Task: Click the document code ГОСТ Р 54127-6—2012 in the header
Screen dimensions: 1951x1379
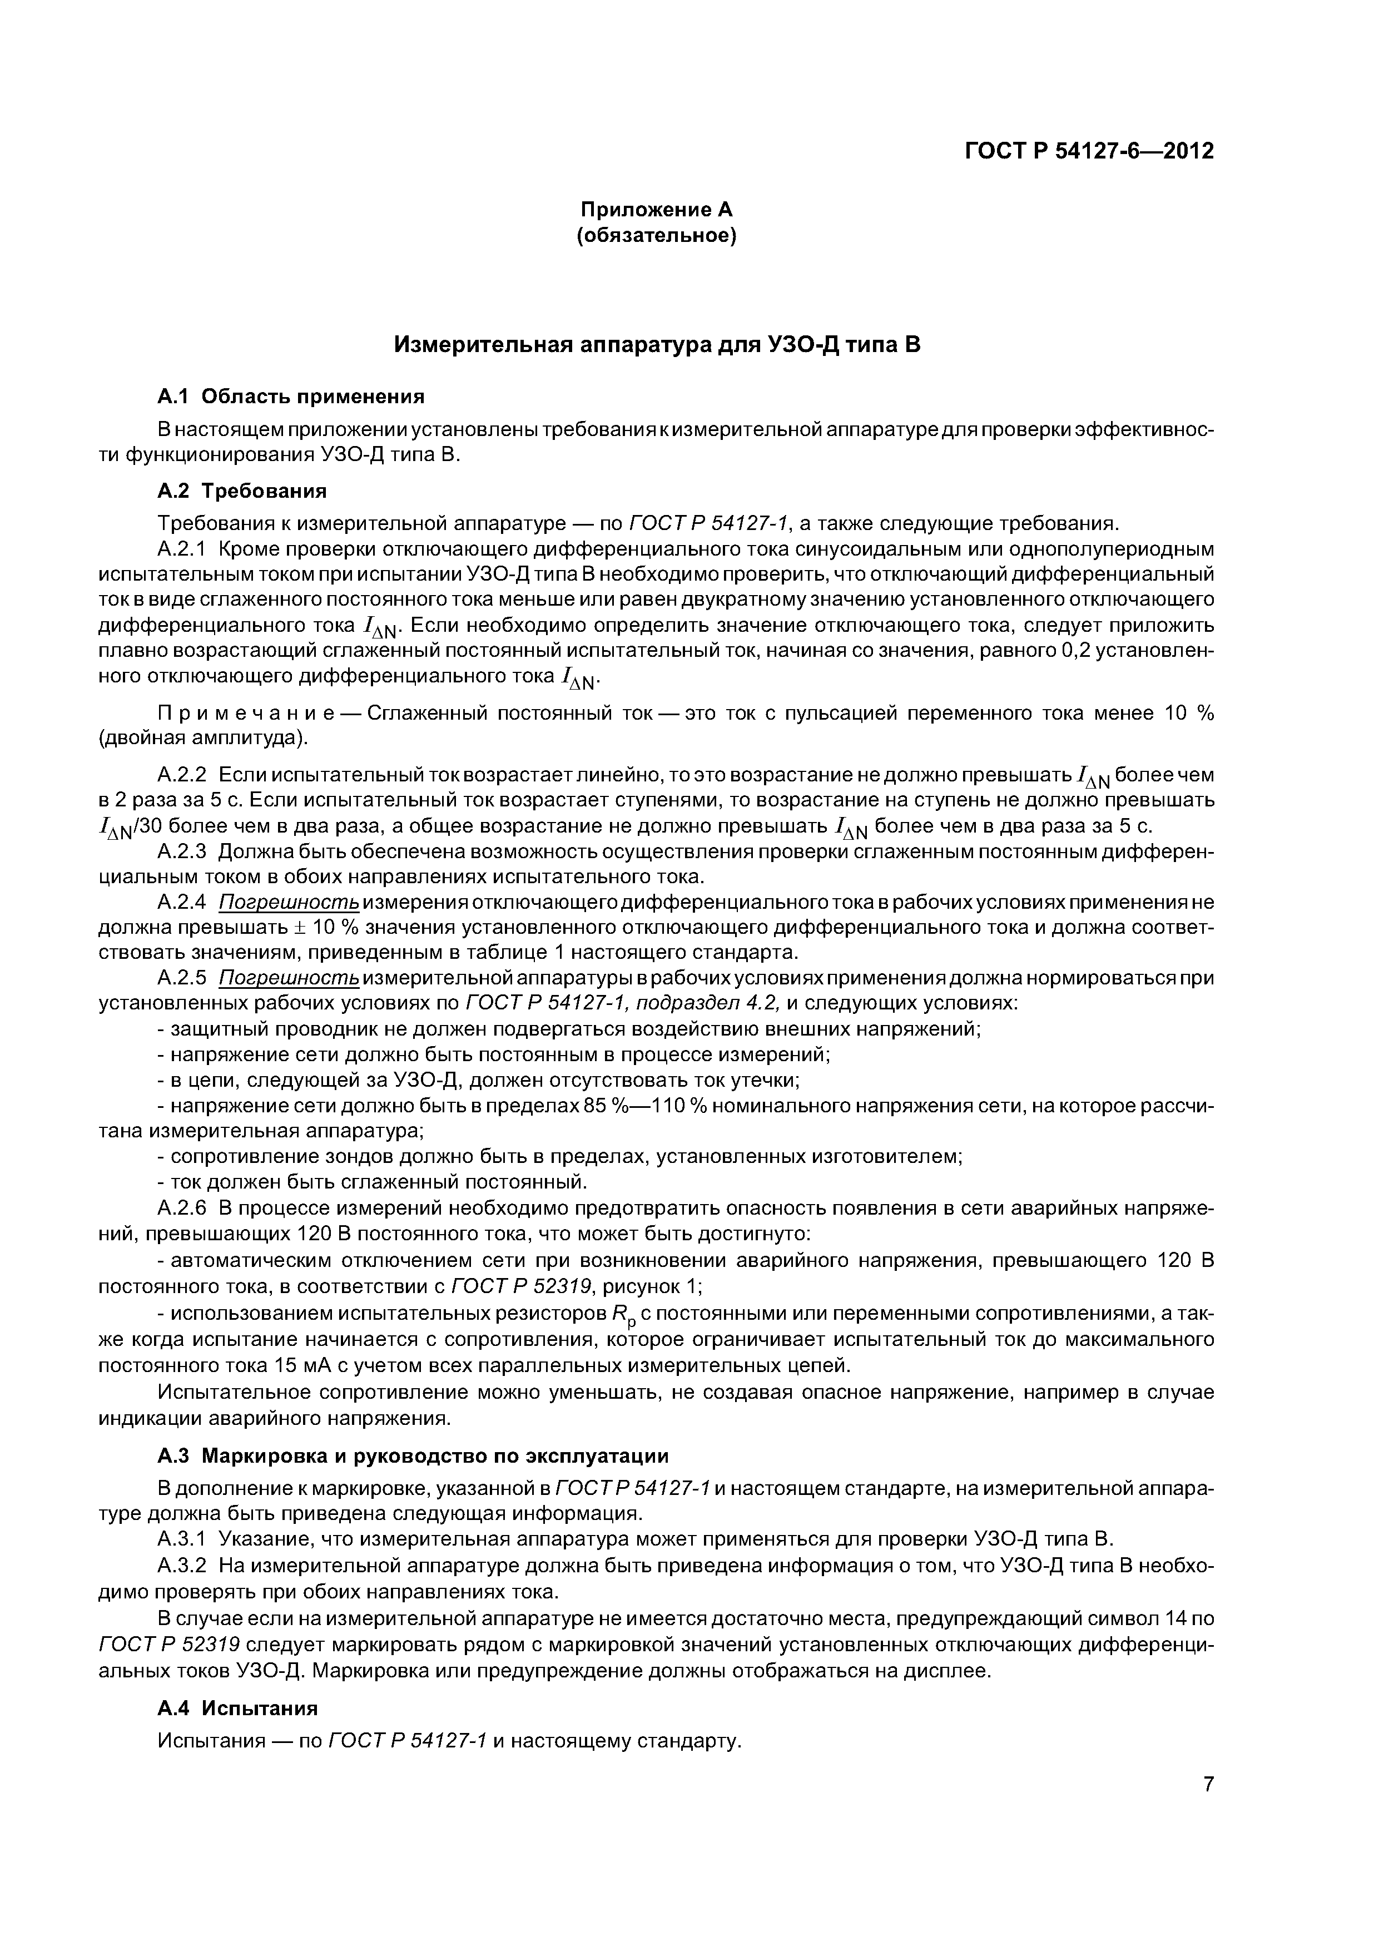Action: [x=1089, y=151]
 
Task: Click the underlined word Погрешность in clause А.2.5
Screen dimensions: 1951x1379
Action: [x=289, y=978]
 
